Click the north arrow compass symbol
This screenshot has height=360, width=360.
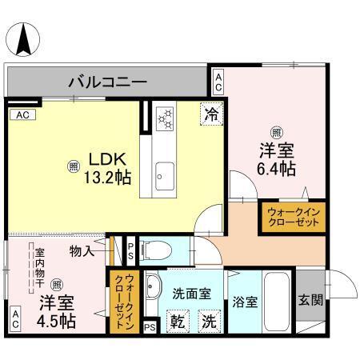click(x=26, y=38)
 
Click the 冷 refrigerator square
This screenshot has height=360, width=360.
click(x=210, y=115)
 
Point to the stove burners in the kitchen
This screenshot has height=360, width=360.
click(x=166, y=118)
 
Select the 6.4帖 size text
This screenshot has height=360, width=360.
click(x=276, y=169)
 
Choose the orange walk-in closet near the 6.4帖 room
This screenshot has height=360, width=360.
click(x=291, y=218)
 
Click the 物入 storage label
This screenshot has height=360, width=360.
click(x=82, y=251)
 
